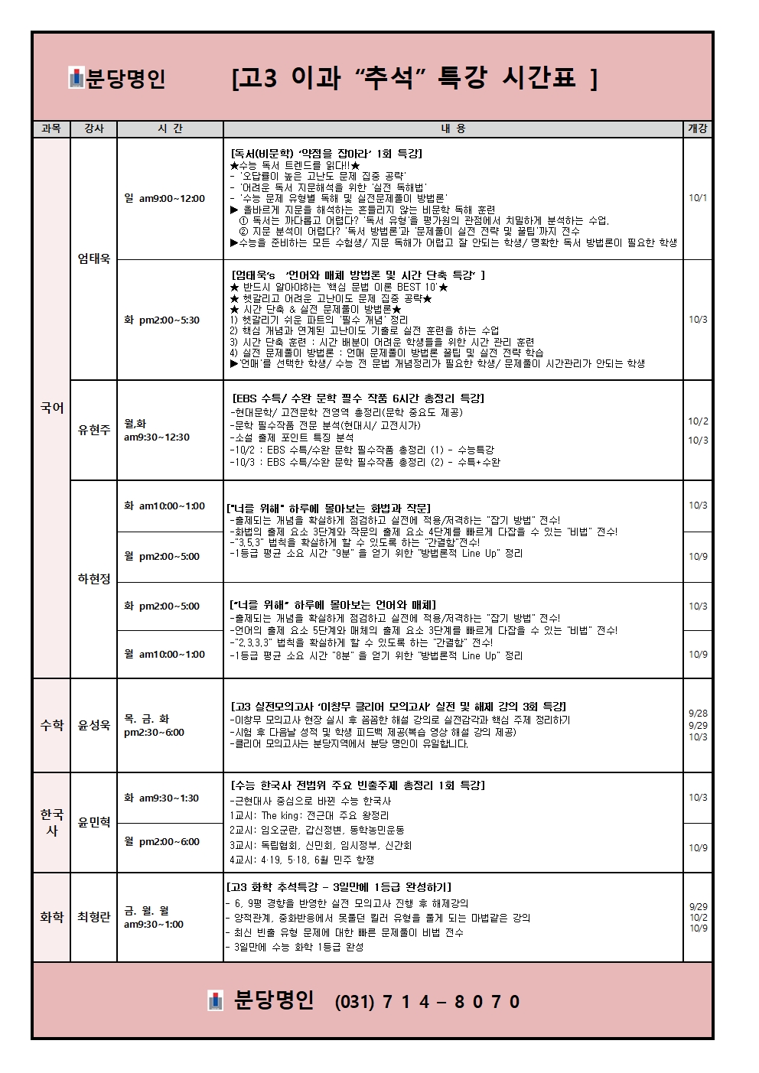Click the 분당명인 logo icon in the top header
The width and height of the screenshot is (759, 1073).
(76, 78)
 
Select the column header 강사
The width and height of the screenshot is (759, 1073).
(93, 128)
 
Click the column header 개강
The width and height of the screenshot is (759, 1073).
(697, 128)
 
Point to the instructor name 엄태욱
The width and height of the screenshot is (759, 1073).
(93, 258)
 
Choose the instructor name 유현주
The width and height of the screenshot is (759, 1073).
(93, 430)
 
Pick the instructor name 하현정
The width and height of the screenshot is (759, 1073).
(93, 579)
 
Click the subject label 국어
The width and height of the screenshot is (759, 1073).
(51, 408)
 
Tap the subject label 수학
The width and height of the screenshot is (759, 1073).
(51, 724)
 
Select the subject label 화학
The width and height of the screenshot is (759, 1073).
(51, 916)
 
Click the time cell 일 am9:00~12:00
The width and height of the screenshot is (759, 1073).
(164, 198)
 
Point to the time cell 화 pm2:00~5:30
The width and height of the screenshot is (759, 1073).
(161, 320)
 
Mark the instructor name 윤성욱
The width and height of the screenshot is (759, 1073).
(93, 724)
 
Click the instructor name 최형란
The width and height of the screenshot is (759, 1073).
(93, 916)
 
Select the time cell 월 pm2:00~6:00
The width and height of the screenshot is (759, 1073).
(161, 841)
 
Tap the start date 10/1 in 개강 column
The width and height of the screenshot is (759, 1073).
(697, 198)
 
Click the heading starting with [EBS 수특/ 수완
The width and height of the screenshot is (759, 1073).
(357, 398)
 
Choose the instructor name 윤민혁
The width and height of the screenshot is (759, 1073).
(93, 822)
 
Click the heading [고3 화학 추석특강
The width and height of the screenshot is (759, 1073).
(338, 887)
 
